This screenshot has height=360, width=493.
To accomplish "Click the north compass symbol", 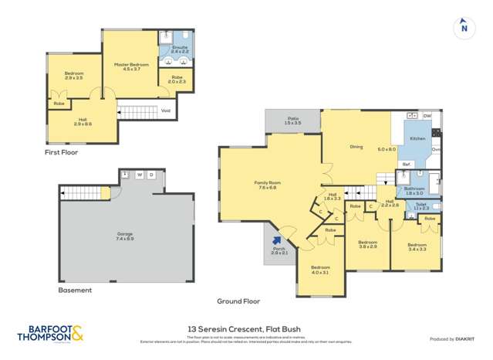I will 463,27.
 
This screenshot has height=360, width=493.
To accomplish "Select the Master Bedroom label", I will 127,66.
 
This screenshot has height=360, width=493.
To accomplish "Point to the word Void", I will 165,111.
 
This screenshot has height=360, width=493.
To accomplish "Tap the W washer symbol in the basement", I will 139,175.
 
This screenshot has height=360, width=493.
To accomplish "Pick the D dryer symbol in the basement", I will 151,175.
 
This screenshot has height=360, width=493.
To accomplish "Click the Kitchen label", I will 417,138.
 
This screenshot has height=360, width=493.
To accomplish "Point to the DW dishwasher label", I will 427,115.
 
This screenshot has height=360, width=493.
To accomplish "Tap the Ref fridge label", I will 406,164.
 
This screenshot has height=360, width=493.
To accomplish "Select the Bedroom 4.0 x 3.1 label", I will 320,270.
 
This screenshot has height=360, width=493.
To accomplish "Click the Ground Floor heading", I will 238,301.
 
